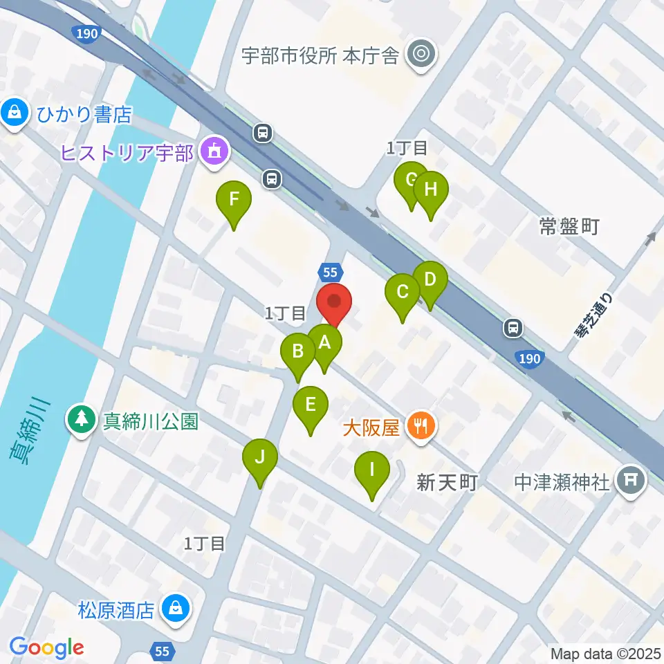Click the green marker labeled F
point(234,201)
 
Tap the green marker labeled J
point(260,458)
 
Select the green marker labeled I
point(371,471)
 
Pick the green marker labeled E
point(311,405)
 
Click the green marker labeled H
point(430,190)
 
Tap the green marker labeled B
point(298,352)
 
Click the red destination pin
point(335,303)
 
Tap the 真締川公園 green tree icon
point(82,420)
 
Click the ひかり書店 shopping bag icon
point(14,113)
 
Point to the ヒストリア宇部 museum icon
point(214,151)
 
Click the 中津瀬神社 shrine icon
point(630,480)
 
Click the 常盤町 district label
point(569,226)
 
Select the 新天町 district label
point(448,482)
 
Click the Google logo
point(46,647)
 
